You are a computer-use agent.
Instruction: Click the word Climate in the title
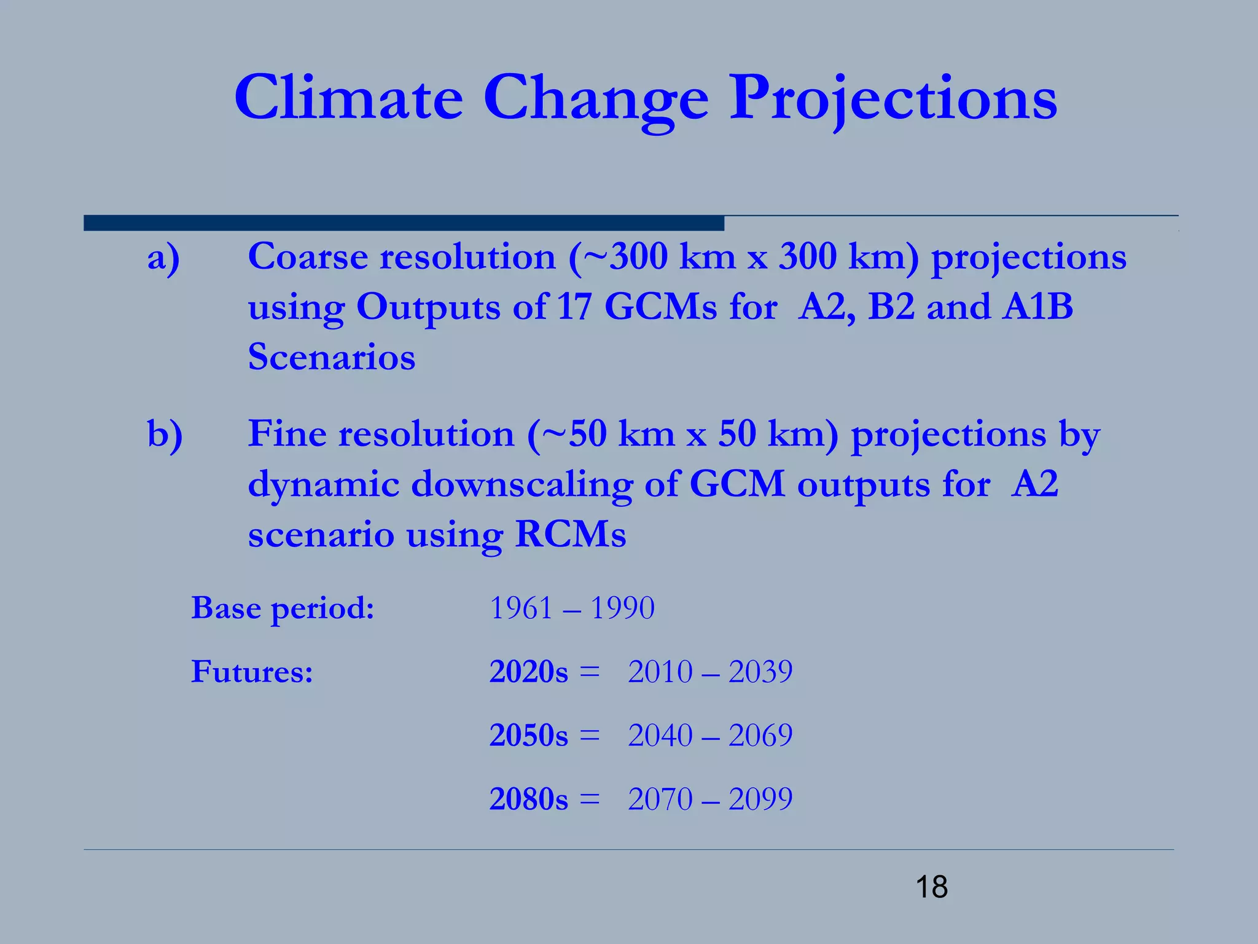tap(348, 98)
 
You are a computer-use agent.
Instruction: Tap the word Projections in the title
tap(893, 98)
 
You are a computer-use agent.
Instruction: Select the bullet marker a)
tap(163, 257)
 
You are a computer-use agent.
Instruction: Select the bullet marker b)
tap(165, 435)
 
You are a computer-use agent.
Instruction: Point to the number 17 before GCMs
tap(574, 307)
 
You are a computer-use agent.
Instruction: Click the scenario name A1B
tap(1037, 307)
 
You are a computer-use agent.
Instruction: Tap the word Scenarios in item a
tap(332, 357)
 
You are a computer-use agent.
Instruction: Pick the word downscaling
tap(522, 484)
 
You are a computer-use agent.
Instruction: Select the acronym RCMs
tap(571, 534)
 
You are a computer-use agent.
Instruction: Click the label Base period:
tap(283, 608)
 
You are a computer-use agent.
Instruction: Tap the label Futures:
tap(252, 671)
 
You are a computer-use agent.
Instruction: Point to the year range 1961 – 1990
tap(572, 608)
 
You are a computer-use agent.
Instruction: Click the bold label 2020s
tap(528, 672)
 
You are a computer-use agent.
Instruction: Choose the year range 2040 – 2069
tap(710, 736)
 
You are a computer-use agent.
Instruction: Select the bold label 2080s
tap(528, 800)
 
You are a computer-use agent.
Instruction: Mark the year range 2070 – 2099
tap(710, 800)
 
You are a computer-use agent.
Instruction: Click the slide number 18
tap(931, 887)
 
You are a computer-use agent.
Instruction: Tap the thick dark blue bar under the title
tap(404, 223)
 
